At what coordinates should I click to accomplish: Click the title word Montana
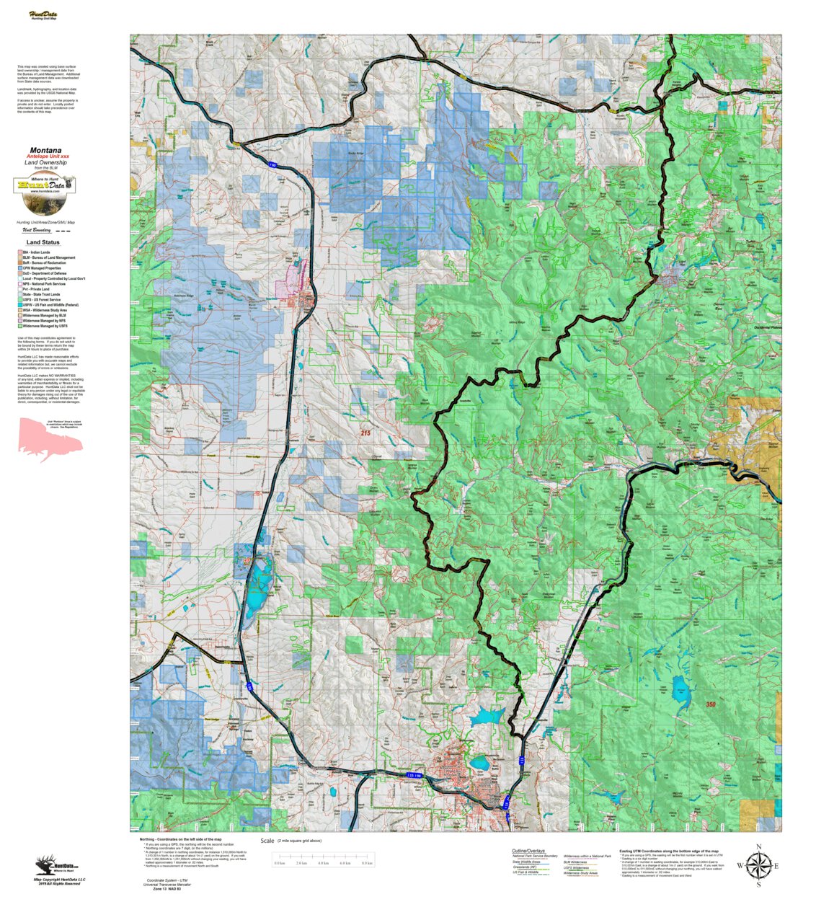45,151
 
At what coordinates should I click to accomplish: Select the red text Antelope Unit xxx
48,156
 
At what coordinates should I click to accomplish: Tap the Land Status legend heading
43,242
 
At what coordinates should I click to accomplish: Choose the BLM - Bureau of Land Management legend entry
48,257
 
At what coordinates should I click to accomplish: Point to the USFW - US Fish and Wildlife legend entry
50,305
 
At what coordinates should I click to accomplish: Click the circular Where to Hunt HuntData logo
45,185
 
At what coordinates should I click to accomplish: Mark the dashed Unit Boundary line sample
63,231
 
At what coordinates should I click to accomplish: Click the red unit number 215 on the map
365,433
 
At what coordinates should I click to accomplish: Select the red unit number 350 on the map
710,704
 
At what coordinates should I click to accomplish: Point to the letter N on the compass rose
758,847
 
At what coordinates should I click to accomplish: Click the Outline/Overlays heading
528,851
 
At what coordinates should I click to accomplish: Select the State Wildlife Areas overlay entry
526,862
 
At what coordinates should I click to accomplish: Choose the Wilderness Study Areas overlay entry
580,873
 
